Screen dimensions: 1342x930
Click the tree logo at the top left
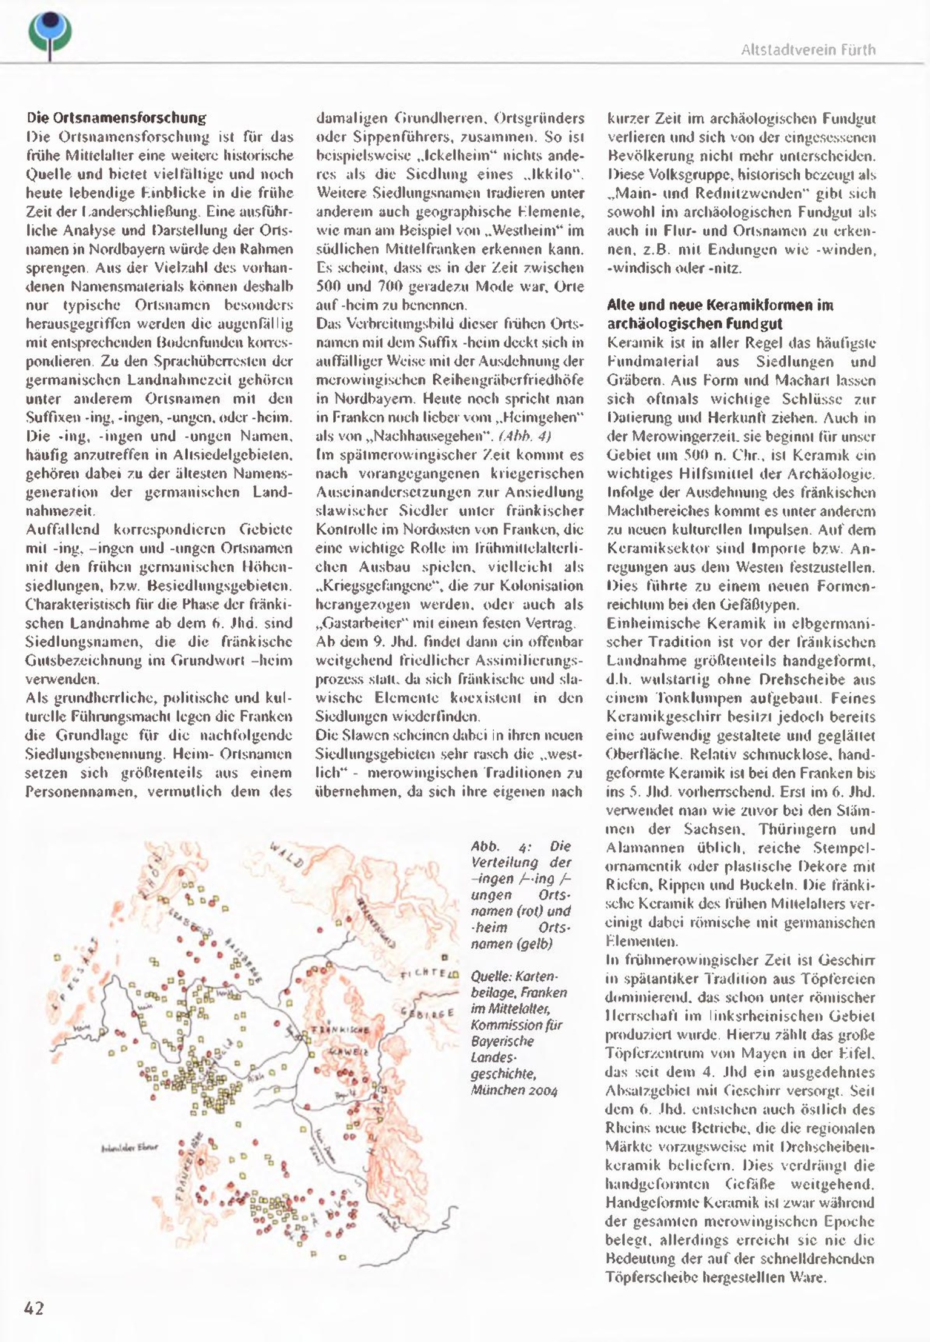[x=50, y=34]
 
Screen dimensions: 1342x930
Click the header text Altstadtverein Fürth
[x=808, y=50]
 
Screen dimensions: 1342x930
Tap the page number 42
[x=34, y=1308]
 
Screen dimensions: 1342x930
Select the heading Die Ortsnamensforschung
[x=116, y=118]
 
